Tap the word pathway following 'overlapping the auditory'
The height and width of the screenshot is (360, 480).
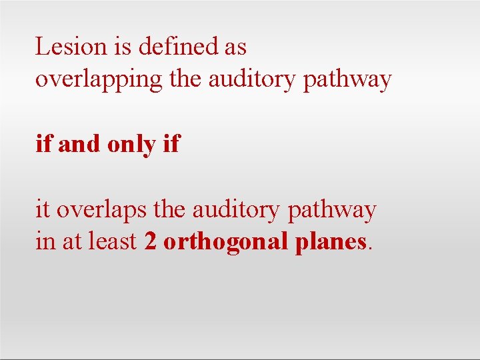click(347, 80)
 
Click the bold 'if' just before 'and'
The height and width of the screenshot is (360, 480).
click(43, 144)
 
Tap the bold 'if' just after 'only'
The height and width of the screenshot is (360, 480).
click(171, 144)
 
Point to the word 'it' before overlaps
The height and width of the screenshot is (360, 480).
click(43, 210)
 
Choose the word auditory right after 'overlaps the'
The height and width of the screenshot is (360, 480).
click(237, 210)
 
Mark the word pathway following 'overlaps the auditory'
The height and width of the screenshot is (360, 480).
click(331, 211)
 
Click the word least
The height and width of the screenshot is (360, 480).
click(116, 242)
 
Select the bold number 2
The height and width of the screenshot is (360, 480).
click(150, 242)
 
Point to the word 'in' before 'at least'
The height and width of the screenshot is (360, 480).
click(45, 242)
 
